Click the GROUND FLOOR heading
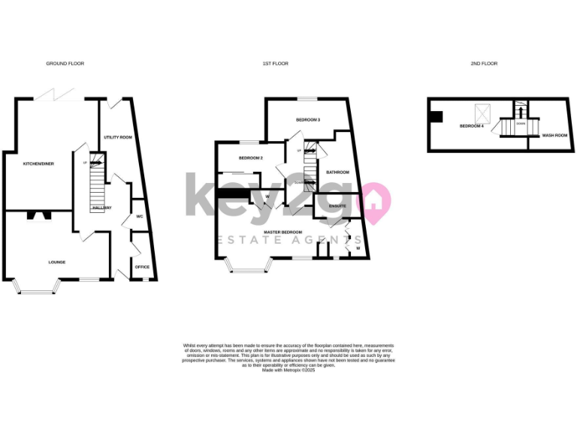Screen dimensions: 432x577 pyautogui.click(x=65, y=64)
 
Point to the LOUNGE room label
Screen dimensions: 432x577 pyautogui.click(x=57, y=262)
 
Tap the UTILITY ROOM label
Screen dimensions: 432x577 pyautogui.click(x=117, y=137)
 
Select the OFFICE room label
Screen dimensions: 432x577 pyautogui.click(x=142, y=266)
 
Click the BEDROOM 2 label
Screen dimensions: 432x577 pyautogui.click(x=251, y=158)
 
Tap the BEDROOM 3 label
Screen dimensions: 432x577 pyautogui.click(x=308, y=120)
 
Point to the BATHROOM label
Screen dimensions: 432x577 pyautogui.click(x=337, y=172)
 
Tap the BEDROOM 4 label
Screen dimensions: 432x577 pyautogui.click(x=471, y=126)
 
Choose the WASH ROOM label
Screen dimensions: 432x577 pyautogui.click(x=553, y=136)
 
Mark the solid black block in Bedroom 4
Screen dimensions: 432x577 pyautogui.click(x=437, y=115)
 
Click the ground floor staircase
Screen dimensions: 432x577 pyautogui.click(x=97, y=183)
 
